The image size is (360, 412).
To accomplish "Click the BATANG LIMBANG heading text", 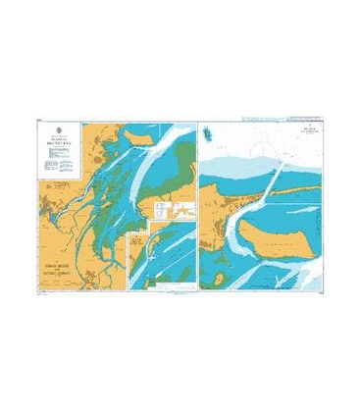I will (57, 264).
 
